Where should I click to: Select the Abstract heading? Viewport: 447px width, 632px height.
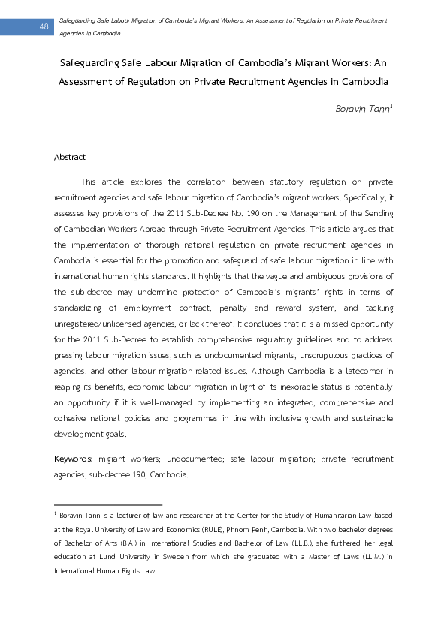click(70, 157)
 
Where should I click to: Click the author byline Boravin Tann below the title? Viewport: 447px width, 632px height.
click(364, 109)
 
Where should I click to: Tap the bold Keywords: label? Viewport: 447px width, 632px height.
click(74, 458)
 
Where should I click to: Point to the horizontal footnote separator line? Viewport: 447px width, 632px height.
click(108, 505)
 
